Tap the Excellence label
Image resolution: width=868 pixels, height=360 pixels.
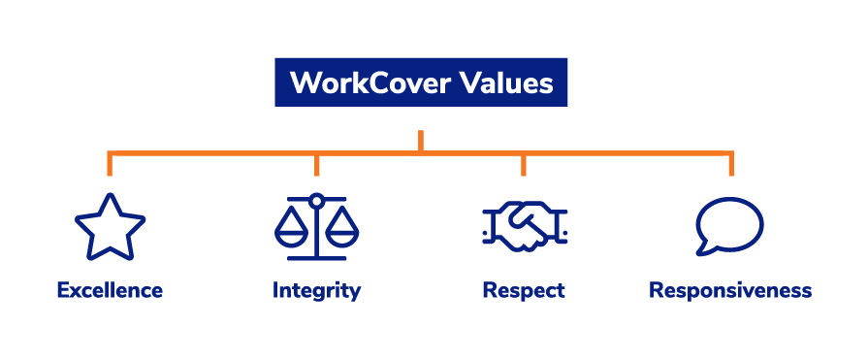coord(110,290)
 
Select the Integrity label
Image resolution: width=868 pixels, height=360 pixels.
coord(316,290)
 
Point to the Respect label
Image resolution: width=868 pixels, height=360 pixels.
coord(524,290)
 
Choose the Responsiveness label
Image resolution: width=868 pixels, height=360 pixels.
coord(730,290)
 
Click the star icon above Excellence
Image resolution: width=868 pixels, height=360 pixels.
coord(110,228)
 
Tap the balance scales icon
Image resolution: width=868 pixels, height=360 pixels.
coord(316,227)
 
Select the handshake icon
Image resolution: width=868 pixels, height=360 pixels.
coord(524,229)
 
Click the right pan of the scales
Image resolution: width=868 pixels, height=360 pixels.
coord(343,234)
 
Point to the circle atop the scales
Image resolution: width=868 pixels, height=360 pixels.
coord(316,200)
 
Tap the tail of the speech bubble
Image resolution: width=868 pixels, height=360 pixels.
coord(712,249)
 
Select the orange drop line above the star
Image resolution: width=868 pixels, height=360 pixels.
coord(110,164)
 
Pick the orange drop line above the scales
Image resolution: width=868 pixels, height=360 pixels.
coord(316,164)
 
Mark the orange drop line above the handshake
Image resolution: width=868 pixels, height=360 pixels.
coord(524,164)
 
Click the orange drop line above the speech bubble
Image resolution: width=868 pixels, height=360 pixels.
coord(730,164)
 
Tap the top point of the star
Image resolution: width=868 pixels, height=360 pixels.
coord(110,197)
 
